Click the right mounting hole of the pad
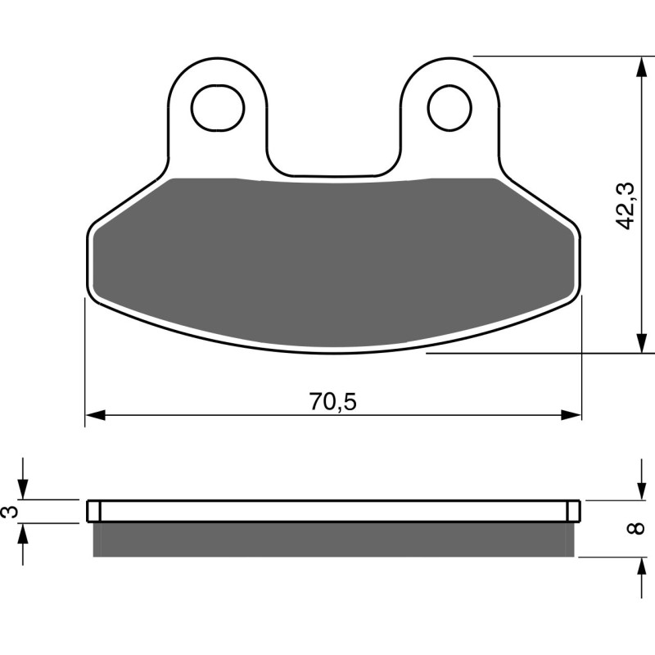450,107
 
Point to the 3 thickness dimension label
10,512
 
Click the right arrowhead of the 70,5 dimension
571,415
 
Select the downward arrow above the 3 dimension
25,489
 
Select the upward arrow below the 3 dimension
25,534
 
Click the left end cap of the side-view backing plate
93,510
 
